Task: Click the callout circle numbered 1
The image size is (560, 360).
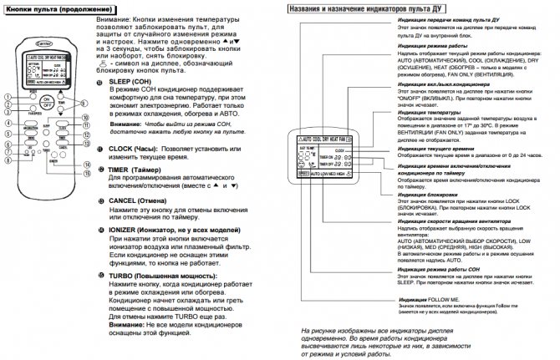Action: tap(8, 96)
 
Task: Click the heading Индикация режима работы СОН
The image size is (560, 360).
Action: tap(441, 270)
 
